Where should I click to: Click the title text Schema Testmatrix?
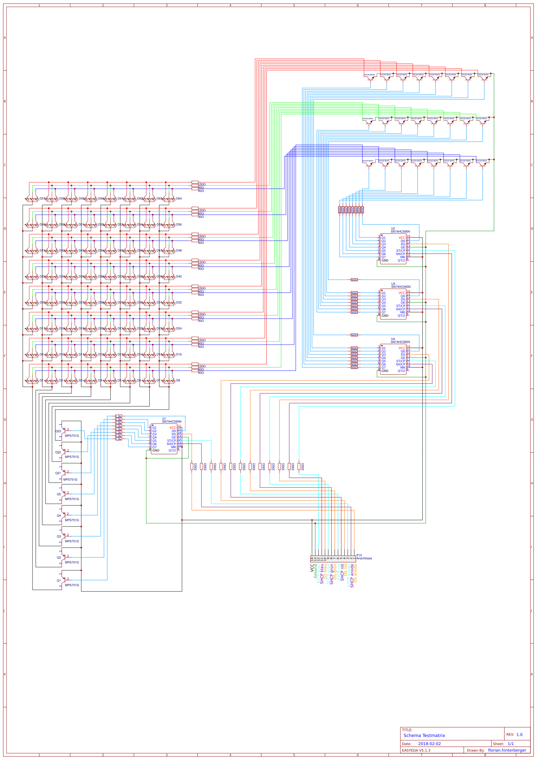[x=424, y=735]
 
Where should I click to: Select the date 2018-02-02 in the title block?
[x=429, y=743]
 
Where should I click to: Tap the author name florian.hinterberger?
[x=507, y=750]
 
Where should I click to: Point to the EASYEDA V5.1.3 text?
[x=416, y=750]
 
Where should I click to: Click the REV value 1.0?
[x=519, y=735]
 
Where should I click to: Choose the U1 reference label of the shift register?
[x=164, y=418]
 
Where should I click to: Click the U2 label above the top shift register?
[x=393, y=228]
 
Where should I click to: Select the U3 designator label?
[x=393, y=284]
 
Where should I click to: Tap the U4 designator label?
[x=393, y=339]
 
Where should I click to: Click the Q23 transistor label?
[x=58, y=431]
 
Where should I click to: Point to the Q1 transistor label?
[x=59, y=580]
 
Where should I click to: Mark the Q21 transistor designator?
[x=58, y=473]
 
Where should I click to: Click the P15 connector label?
[x=359, y=555]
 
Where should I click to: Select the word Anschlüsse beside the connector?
[x=364, y=558]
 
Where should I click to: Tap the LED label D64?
[x=179, y=198]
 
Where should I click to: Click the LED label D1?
[x=41, y=380]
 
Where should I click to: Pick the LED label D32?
[x=179, y=302]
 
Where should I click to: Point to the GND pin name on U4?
[x=385, y=371]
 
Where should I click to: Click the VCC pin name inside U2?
[x=401, y=238]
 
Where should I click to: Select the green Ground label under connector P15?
[x=315, y=571]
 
